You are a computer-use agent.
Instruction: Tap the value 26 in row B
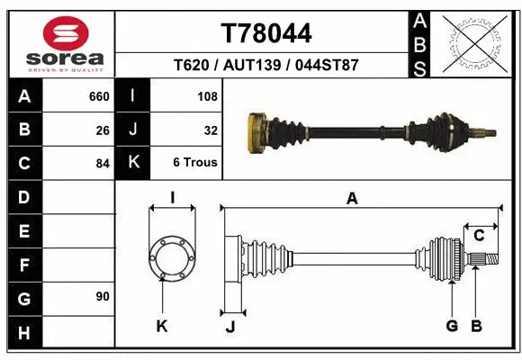pyautogui.click(x=103, y=130)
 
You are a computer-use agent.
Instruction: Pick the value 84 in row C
pyautogui.click(x=103, y=164)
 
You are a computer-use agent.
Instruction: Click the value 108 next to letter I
pyautogui.click(x=207, y=95)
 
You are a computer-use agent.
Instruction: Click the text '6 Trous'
pyautogui.click(x=195, y=163)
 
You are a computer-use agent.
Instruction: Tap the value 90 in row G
pyautogui.click(x=103, y=296)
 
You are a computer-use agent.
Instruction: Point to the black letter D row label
pyautogui.click(x=23, y=196)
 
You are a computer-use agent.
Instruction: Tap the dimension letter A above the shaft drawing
pyautogui.click(x=352, y=198)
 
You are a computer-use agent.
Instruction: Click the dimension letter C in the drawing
pyautogui.click(x=479, y=236)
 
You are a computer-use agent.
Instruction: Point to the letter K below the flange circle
pyautogui.click(x=162, y=326)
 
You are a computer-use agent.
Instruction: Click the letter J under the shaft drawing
pyautogui.click(x=229, y=326)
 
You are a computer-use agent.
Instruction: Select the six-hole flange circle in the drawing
pyautogui.click(x=171, y=258)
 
